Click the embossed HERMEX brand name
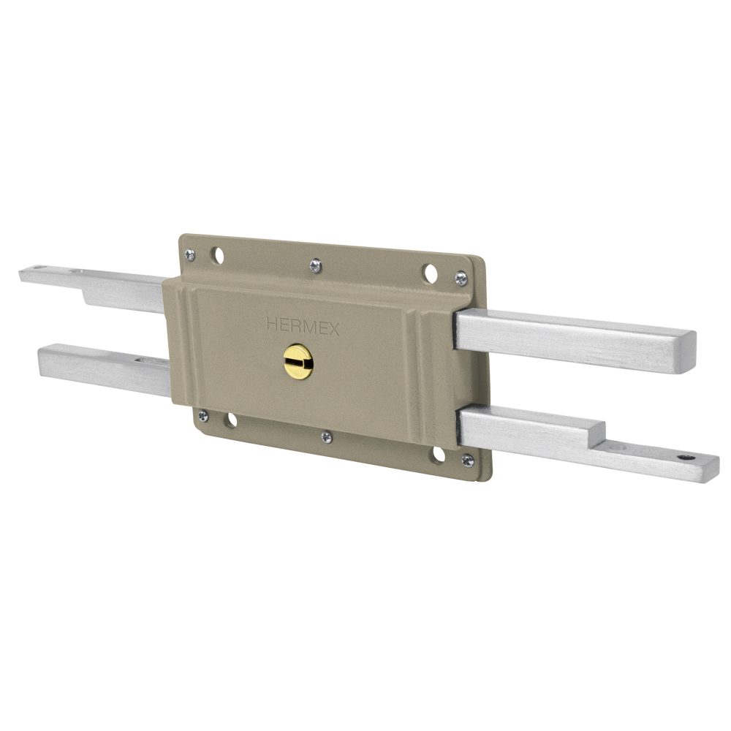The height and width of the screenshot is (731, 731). click(303, 326)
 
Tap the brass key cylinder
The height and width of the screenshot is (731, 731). click(298, 362)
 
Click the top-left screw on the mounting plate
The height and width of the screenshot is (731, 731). click(190, 254)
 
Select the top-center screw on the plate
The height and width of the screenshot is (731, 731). click(315, 266)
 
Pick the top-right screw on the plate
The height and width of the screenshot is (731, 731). click(461, 278)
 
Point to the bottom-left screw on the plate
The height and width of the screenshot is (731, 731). click(202, 415)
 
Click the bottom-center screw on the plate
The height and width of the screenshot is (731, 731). click(327, 436)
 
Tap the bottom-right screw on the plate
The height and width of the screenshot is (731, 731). click(467, 460)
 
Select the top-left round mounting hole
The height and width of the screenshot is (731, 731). click(218, 255)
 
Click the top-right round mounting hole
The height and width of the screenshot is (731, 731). click(431, 273)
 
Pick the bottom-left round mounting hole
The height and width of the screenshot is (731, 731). click(230, 420)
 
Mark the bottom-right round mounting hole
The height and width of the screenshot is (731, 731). click(438, 455)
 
